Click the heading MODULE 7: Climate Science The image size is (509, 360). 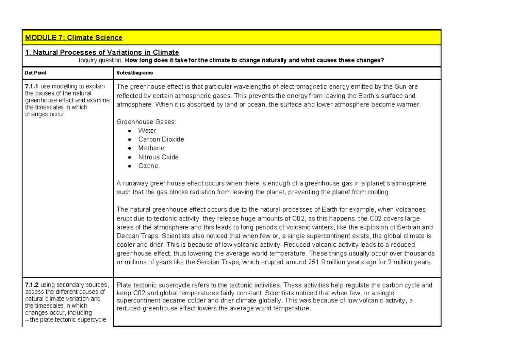[74, 38]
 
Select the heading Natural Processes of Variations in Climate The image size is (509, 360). [102, 53]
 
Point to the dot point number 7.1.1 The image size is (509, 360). [32, 87]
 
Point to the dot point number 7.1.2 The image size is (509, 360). [32, 285]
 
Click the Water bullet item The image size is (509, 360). [147, 131]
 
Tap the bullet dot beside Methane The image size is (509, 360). [130, 148]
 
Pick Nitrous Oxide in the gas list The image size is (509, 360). [158, 157]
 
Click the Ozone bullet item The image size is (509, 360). [149, 166]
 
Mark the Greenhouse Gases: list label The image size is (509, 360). [146, 122]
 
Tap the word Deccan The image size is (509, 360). [127, 236]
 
